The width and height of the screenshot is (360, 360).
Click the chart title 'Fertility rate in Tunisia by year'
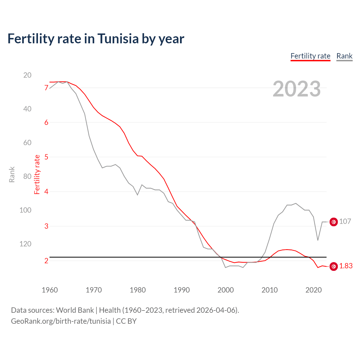[x=96, y=39]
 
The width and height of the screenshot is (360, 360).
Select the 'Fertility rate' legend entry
[x=310, y=56]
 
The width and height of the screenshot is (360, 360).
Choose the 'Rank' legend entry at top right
[x=344, y=56]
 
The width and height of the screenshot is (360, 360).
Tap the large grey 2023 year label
[x=296, y=89]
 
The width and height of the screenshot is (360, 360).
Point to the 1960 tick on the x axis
[x=50, y=290]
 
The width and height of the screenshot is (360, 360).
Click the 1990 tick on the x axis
[x=182, y=290]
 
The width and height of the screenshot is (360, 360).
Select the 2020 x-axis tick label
[x=313, y=290]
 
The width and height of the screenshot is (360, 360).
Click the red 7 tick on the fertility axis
[x=46, y=88]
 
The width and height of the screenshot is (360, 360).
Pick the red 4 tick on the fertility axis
[x=46, y=192]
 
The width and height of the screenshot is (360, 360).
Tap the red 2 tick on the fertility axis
[x=46, y=261]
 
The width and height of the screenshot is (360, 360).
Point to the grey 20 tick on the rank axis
[x=27, y=75]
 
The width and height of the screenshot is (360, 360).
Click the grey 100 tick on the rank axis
[x=25, y=210]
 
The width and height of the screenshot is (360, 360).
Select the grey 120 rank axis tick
[x=25, y=244]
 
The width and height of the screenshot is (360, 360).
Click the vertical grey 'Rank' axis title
[x=12, y=174]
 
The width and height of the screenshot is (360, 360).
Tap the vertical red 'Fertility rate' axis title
[x=37, y=174]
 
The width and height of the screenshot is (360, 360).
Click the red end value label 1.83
[x=346, y=266]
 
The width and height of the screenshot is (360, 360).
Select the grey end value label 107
[x=345, y=222]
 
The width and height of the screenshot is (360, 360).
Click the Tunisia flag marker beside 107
[x=334, y=222]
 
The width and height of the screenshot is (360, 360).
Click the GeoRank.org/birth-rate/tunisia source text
[x=61, y=321]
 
